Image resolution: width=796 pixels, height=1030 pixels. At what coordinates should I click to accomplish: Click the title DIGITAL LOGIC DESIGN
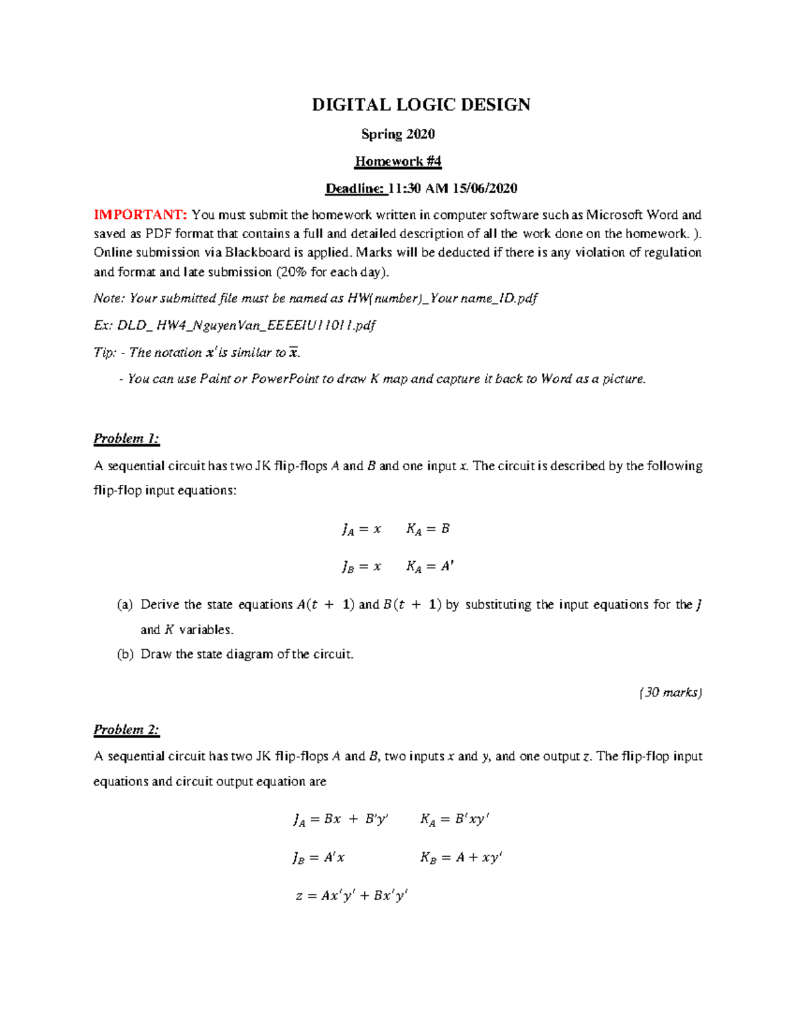421,105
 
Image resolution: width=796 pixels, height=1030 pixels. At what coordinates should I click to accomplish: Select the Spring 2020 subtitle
397,134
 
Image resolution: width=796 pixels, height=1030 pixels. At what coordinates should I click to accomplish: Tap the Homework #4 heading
397,161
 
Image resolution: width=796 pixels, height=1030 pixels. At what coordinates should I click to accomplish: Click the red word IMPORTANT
140,215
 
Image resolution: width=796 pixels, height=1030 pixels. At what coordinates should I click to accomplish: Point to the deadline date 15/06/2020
484,188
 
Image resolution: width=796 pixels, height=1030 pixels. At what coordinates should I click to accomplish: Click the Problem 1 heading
126,438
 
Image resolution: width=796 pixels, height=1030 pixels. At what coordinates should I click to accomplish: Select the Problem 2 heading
126,730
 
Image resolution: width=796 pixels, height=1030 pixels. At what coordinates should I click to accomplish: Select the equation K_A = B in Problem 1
428,529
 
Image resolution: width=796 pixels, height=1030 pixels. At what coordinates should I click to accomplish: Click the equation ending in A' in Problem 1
430,567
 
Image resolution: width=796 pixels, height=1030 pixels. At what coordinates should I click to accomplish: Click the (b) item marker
125,655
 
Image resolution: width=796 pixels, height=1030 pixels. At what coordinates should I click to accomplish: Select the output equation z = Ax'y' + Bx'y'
352,896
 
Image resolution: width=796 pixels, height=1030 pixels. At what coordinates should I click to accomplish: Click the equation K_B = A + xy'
461,858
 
